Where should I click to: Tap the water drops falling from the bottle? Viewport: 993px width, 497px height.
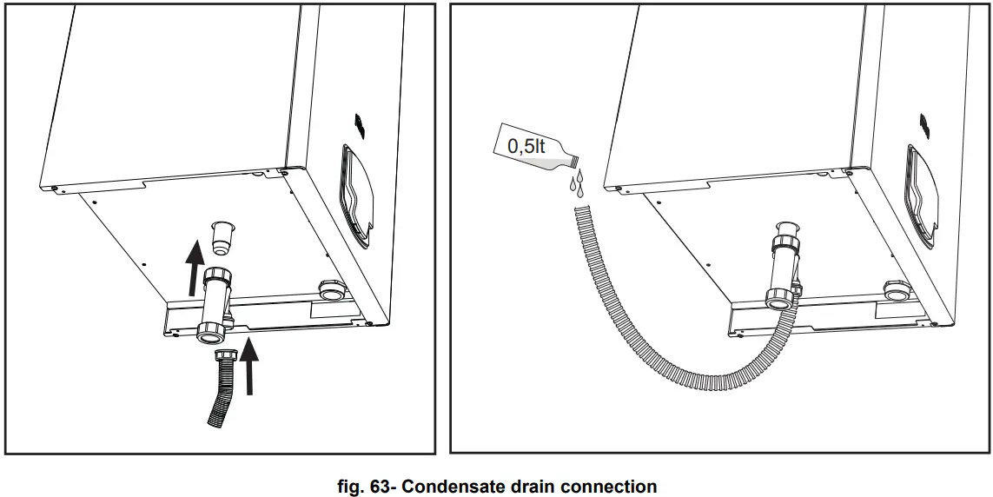click(x=576, y=183)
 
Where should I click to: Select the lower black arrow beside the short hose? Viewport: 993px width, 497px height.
click(x=250, y=366)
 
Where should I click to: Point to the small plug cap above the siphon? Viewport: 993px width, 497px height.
click(x=223, y=237)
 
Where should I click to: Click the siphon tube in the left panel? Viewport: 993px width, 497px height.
click(x=214, y=304)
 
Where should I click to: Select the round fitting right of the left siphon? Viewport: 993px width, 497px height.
click(x=330, y=289)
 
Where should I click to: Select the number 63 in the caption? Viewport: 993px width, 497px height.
click(x=374, y=486)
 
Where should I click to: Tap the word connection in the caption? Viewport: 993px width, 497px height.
click(x=608, y=486)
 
